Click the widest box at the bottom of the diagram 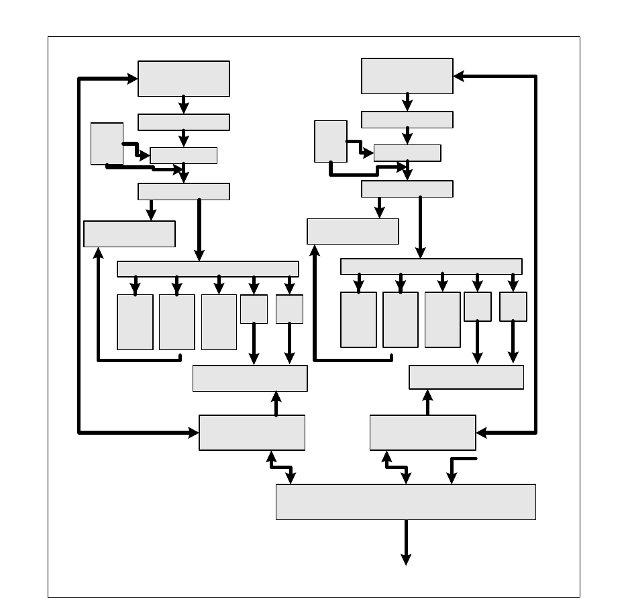[x=405, y=501]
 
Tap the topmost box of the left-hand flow [x=183, y=79]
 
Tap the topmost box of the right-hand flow [x=407, y=76]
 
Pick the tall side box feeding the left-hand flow [x=107, y=143]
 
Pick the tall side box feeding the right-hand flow [x=331, y=141]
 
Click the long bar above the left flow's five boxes [x=207, y=269]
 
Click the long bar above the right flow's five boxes [x=431, y=266]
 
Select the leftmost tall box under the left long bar [x=135, y=322]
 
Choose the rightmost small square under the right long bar [x=513, y=306]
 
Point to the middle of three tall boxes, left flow [x=176, y=322]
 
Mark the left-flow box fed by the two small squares [x=250, y=378]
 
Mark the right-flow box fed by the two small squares [x=466, y=377]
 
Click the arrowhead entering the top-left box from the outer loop [x=132, y=79]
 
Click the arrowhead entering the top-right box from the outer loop [x=460, y=76]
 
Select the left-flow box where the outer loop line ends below [x=252, y=433]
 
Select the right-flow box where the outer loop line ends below [x=422, y=433]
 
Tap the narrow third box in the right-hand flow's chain [x=407, y=153]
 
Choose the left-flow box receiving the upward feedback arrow [x=129, y=234]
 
